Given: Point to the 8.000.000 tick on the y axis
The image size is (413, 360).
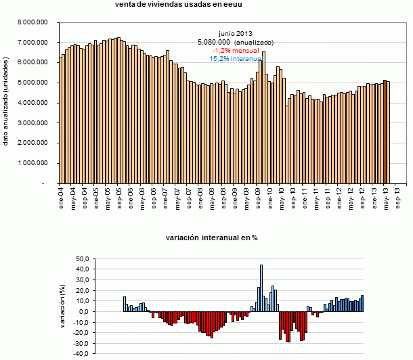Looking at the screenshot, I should click(33, 22).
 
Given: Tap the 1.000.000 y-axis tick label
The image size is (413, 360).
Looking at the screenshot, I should click(33, 163).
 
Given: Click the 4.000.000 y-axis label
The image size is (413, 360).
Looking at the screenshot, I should click(33, 103).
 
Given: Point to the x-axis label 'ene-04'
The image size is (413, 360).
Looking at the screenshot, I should click(61, 196).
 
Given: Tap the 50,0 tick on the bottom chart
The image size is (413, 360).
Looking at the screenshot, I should click(82, 259).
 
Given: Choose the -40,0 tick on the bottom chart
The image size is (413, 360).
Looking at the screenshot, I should click(81, 353).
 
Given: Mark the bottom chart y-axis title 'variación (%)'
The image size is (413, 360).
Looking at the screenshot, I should click(62, 306).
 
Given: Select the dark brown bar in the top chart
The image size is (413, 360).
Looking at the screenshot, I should click(385, 131).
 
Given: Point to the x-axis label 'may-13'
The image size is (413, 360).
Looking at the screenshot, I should click(385, 196).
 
